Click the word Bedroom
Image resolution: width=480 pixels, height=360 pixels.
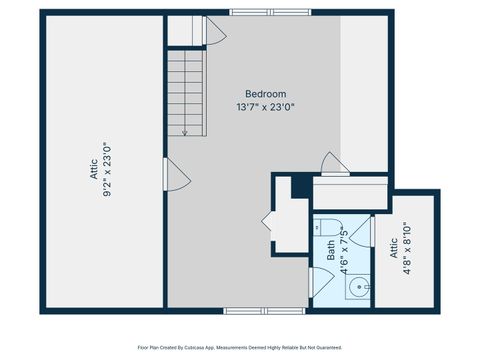[x=266, y=94]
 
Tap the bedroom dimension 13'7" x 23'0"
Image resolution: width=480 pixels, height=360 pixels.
[x=266, y=106]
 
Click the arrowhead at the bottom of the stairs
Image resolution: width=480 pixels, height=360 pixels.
[x=186, y=132]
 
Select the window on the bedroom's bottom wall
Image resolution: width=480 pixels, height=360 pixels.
[x=251, y=310]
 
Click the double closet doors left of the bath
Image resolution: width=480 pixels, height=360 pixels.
[x=269, y=220]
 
